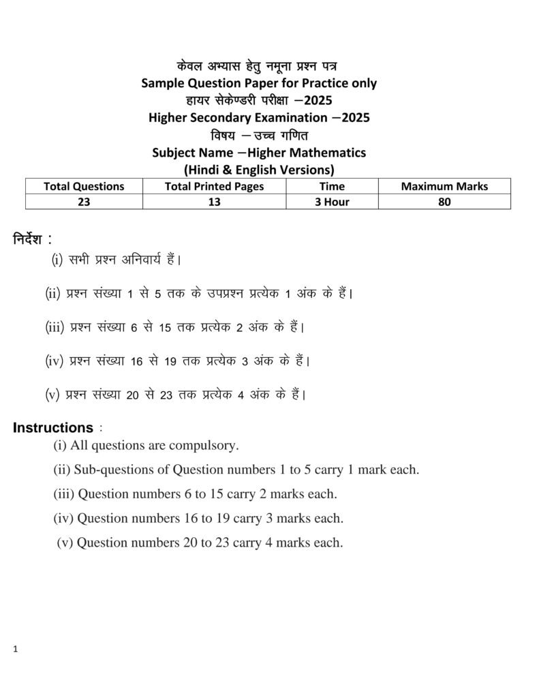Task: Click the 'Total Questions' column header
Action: pos(84,186)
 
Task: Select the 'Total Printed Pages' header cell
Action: pos(214,186)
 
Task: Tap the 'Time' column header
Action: pos(332,186)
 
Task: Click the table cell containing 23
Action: pos(84,202)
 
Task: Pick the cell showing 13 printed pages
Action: pos(214,202)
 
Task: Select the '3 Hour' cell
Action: pos(332,202)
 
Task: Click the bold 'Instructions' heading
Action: pos(53,428)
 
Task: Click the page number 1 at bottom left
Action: pos(15,650)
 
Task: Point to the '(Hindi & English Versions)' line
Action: pos(259,169)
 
